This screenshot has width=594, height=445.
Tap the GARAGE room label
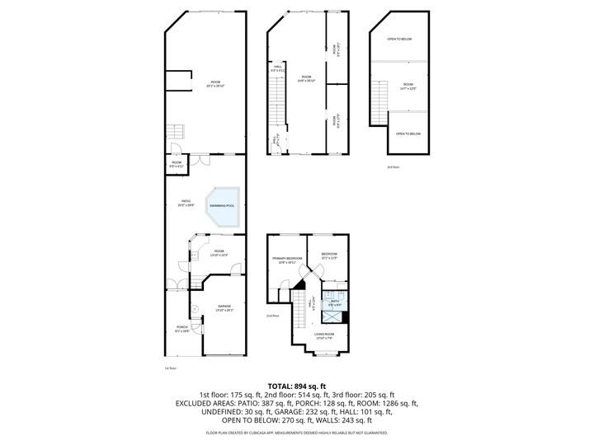click(x=224, y=307)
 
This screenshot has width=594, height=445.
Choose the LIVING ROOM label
click(x=324, y=335)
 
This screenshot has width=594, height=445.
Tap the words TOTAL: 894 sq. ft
click(x=296, y=386)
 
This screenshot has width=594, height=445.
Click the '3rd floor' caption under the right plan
click(x=393, y=167)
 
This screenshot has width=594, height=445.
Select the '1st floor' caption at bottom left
click(x=171, y=368)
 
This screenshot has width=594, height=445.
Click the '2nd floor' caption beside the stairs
click(x=272, y=316)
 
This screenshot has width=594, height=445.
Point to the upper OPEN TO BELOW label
click(x=399, y=39)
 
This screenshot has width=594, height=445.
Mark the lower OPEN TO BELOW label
click(x=408, y=133)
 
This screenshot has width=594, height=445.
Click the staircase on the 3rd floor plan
click(x=379, y=101)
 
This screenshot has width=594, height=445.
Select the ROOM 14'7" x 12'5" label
click(x=408, y=87)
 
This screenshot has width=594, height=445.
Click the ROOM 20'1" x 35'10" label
click(x=214, y=83)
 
